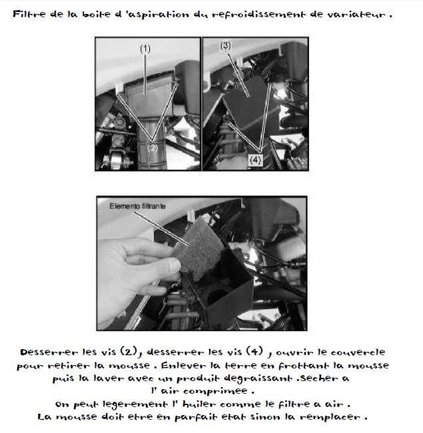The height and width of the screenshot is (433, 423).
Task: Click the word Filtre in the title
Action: pos(29,14)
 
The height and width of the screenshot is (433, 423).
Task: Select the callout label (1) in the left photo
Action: pos(145,49)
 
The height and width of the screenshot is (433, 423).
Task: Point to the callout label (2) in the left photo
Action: pos(153,148)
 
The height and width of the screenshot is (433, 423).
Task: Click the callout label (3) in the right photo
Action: pos(226,46)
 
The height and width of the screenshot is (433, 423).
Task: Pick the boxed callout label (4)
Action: pos(255,160)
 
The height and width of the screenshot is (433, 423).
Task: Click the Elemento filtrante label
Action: pos(137,206)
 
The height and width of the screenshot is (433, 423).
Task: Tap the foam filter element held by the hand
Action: pos(200,248)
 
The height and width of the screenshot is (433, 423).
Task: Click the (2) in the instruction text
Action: pos(129,351)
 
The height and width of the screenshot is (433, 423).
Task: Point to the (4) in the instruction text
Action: pos(254,351)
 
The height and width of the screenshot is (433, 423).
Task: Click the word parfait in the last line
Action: pos(193,417)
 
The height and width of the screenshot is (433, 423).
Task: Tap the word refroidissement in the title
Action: pos(258,15)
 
